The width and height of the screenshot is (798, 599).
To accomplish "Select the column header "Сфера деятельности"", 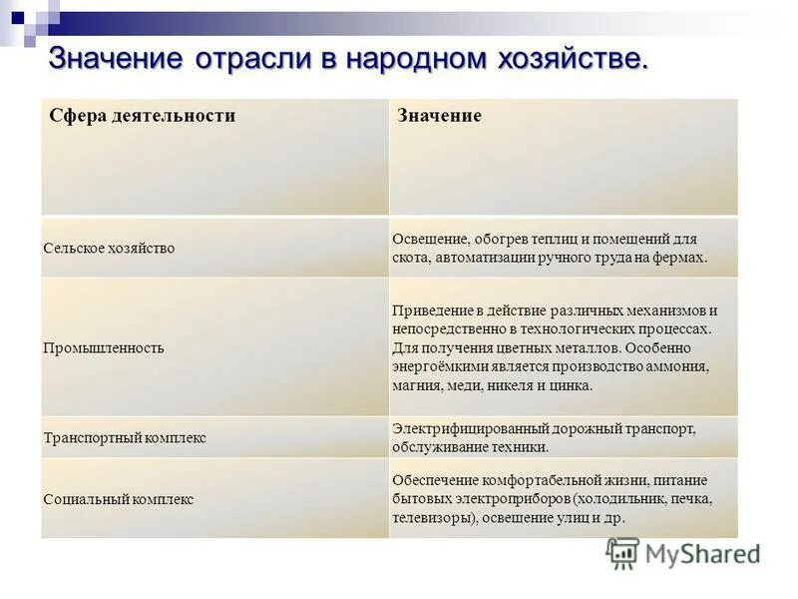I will [x=143, y=116].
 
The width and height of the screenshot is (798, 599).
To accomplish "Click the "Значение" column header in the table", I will [x=440, y=116].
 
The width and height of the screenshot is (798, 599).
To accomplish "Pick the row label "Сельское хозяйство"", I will [x=109, y=248].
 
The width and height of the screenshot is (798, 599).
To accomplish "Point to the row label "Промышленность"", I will [x=104, y=347].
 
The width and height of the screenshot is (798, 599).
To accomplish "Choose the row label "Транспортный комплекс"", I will [x=125, y=437].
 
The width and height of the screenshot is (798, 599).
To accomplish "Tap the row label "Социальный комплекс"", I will [x=119, y=499].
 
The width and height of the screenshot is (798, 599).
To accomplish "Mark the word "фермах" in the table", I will [x=684, y=258].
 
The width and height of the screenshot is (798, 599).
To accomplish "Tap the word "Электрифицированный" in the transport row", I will [x=460, y=428].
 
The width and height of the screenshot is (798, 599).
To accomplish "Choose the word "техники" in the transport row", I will [x=525, y=447].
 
